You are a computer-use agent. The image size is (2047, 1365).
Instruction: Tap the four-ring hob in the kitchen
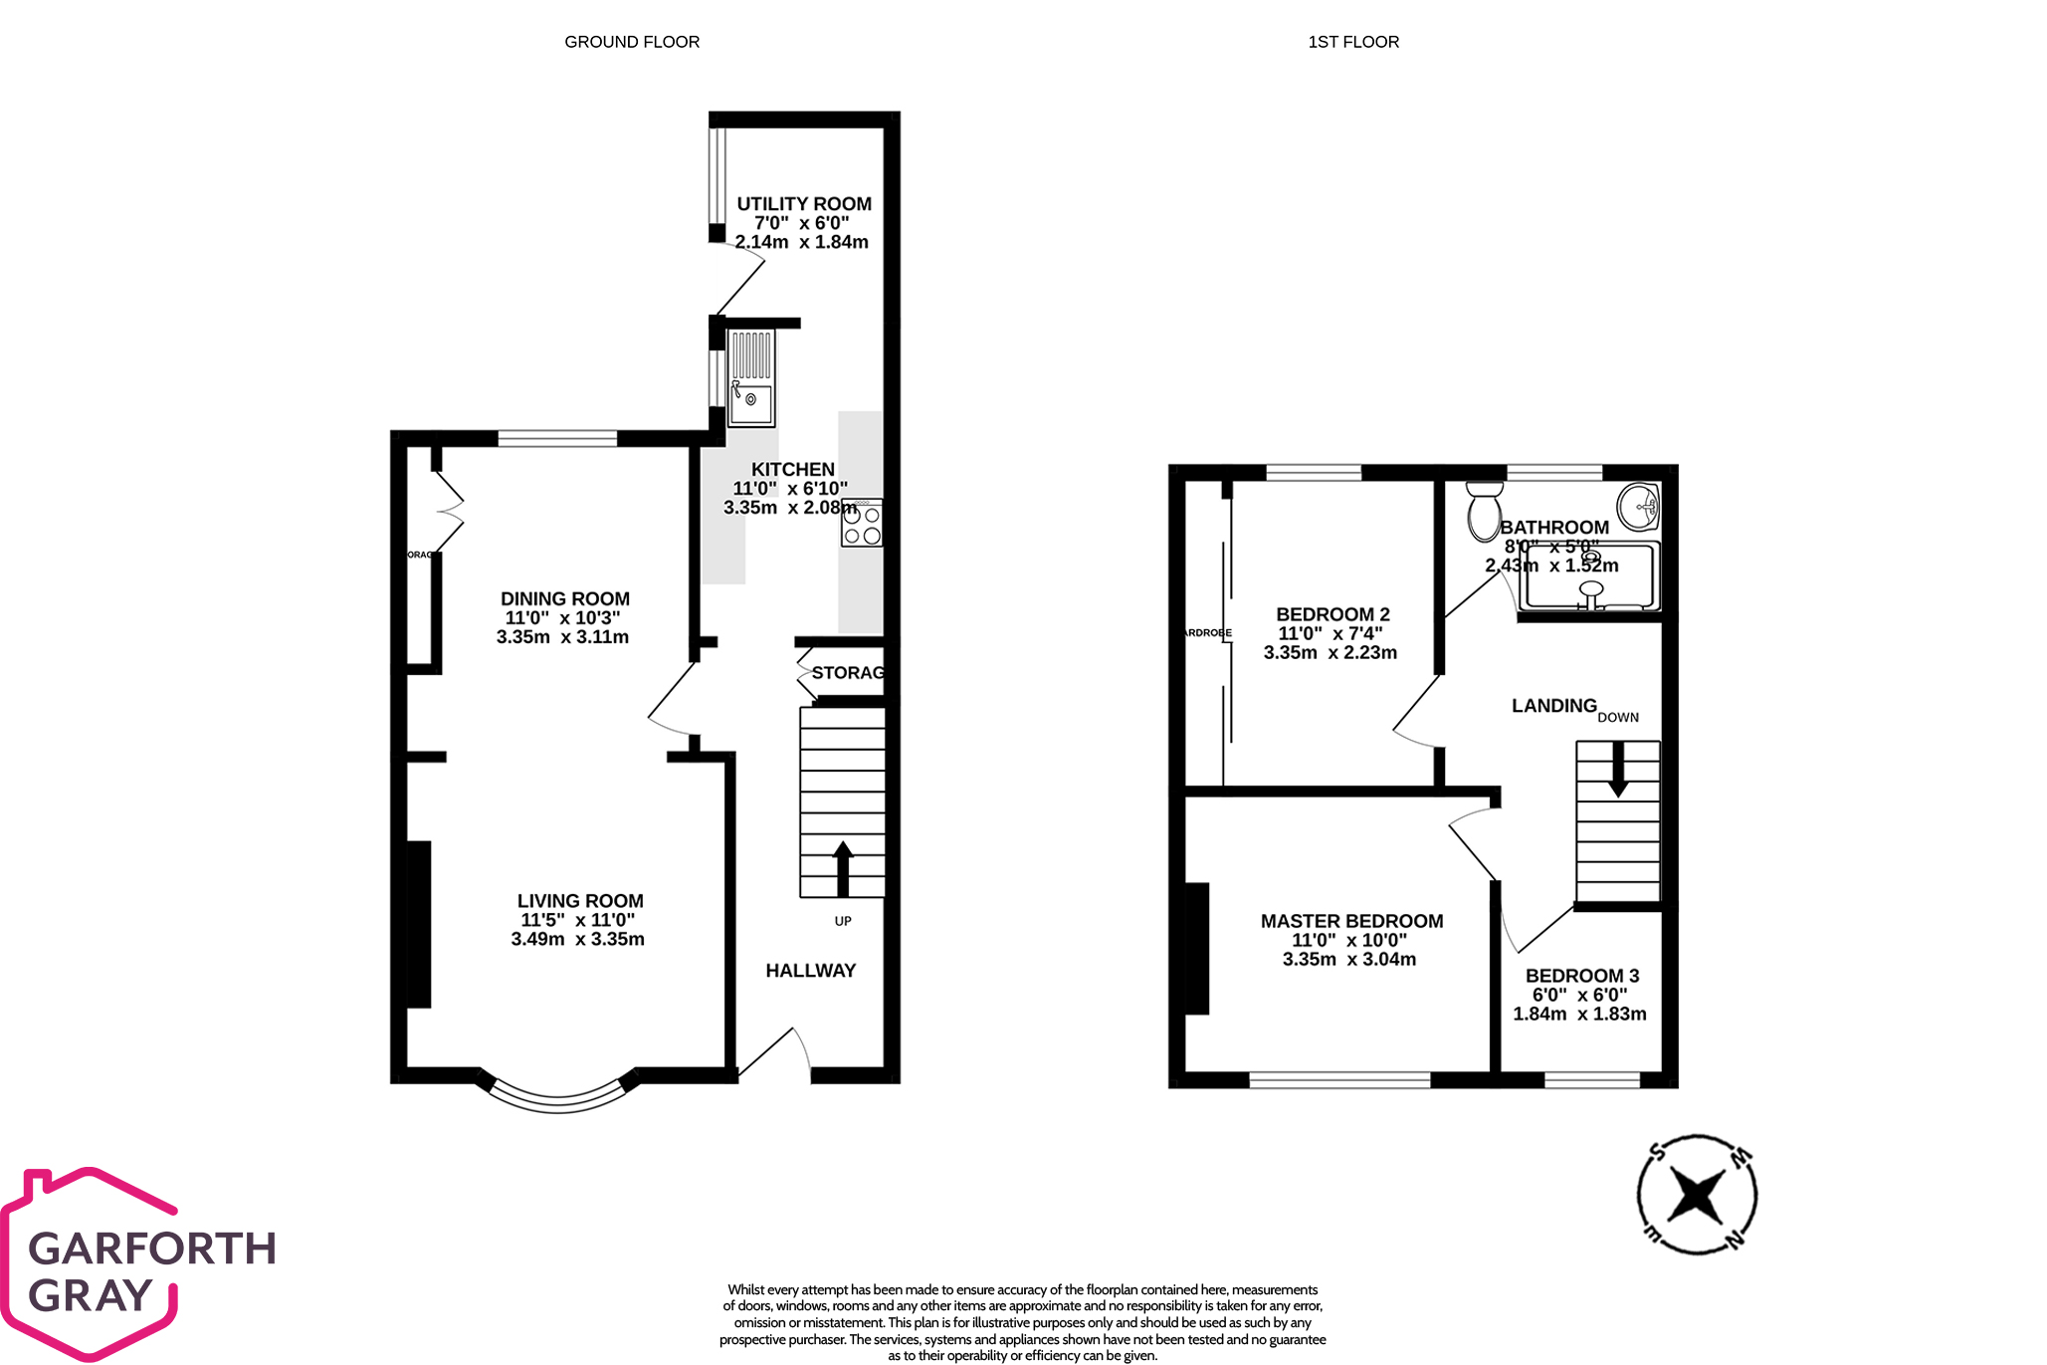[862, 524]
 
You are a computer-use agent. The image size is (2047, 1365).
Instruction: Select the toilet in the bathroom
[1484, 510]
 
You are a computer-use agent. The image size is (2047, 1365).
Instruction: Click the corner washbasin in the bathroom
[1639, 506]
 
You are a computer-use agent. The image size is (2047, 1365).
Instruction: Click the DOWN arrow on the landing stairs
[1618, 768]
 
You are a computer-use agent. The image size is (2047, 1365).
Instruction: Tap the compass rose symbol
[1697, 1194]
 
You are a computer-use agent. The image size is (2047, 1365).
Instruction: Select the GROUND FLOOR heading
[632, 42]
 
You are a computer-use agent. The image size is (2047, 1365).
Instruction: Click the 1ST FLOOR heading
[1353, 42]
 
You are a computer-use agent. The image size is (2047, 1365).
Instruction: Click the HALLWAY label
[810, 971]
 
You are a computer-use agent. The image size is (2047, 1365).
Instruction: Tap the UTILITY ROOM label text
[804, 204]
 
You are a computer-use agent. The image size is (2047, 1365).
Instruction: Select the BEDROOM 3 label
[1582, 976]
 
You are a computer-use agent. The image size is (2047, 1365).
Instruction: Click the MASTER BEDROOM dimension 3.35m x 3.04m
[1349, 960]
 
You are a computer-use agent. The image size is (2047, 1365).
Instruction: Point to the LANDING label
[1553, 706]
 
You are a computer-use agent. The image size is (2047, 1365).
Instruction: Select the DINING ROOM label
[565, 598]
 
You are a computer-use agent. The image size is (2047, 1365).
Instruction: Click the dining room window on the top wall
[557, 439]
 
